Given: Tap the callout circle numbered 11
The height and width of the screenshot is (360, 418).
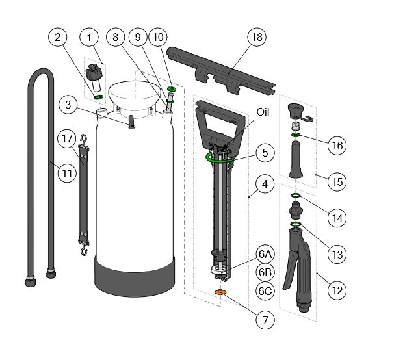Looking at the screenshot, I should point(66,173).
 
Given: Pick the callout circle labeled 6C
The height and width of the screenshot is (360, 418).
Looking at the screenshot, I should point(265,291).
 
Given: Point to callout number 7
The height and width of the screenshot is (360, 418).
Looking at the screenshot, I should point(265,320).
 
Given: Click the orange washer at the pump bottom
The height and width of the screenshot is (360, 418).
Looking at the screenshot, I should point(220,293).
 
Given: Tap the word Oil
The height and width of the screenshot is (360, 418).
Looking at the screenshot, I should point(263,112).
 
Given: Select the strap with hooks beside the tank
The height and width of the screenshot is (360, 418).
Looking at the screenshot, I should point(83,195).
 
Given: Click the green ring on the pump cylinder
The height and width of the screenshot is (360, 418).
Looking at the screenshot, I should point(219,157).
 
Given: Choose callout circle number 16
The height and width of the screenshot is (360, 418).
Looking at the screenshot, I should point(336,146).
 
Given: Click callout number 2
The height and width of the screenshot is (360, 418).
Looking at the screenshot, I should point(57,38).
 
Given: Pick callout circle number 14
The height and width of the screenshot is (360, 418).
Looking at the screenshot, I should point(336,218).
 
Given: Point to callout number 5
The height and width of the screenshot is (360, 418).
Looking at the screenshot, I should point(265,153).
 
